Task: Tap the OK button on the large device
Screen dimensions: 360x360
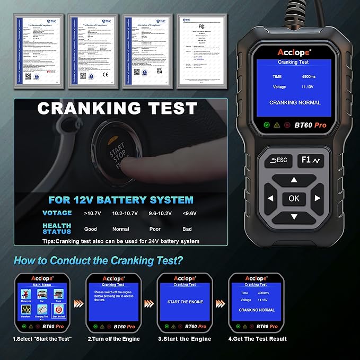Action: [x=294, y=198]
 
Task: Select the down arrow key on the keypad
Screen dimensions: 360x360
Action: [x=294, y=217]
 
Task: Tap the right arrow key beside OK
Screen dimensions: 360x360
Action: [x=317, y=198]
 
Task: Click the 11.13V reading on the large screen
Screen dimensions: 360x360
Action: [x=309, y=87]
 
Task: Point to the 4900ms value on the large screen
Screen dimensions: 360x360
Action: [x=309, y=76]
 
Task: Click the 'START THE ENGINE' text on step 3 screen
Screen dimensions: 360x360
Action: [x=185, y=302]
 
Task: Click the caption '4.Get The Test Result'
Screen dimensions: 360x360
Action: [x=257, y=339]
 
